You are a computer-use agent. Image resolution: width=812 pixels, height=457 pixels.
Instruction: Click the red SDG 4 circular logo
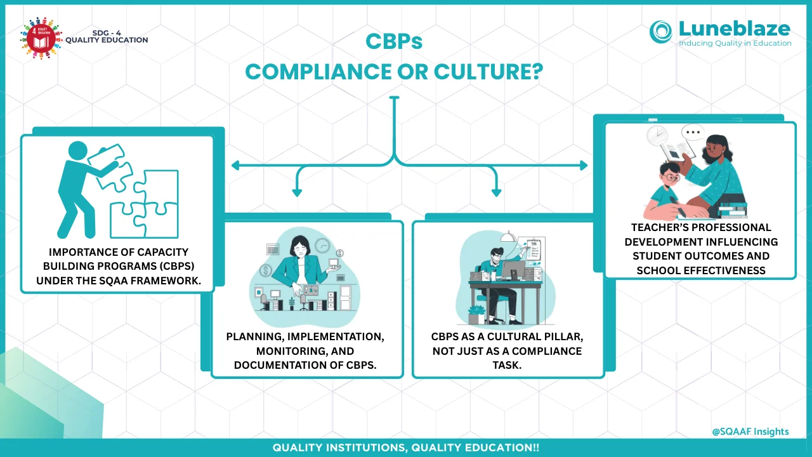40,39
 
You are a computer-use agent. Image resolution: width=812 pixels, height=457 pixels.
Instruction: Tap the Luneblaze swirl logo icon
661,32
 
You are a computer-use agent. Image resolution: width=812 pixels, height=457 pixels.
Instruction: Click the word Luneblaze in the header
735,29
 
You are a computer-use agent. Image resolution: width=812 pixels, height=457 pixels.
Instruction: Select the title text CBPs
394,42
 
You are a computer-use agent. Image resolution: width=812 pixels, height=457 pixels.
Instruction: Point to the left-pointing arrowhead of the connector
235,166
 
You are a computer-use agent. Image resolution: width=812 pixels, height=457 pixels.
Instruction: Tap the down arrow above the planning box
296,191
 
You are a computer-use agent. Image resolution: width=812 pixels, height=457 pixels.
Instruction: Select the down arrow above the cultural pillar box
496,191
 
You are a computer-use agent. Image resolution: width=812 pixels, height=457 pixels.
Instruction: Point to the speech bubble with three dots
693,134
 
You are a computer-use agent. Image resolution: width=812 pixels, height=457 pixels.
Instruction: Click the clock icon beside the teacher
657,135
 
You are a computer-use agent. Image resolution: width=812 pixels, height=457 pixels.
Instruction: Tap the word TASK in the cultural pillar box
507,365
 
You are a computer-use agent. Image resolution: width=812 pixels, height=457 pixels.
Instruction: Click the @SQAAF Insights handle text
750,432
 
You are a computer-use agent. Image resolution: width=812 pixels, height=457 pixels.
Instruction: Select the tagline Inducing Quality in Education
735,43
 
